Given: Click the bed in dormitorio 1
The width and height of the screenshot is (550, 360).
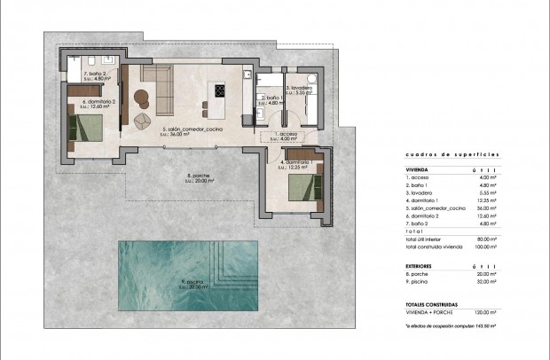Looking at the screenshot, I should pos(302,187).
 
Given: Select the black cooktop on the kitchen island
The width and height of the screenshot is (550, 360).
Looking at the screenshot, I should pos(218,89).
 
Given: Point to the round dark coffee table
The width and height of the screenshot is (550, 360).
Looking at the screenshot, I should pos(141,96).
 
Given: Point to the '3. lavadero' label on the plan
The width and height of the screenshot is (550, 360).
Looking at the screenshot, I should pos(300,89).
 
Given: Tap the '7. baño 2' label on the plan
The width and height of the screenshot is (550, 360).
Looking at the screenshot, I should pos(95,75).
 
